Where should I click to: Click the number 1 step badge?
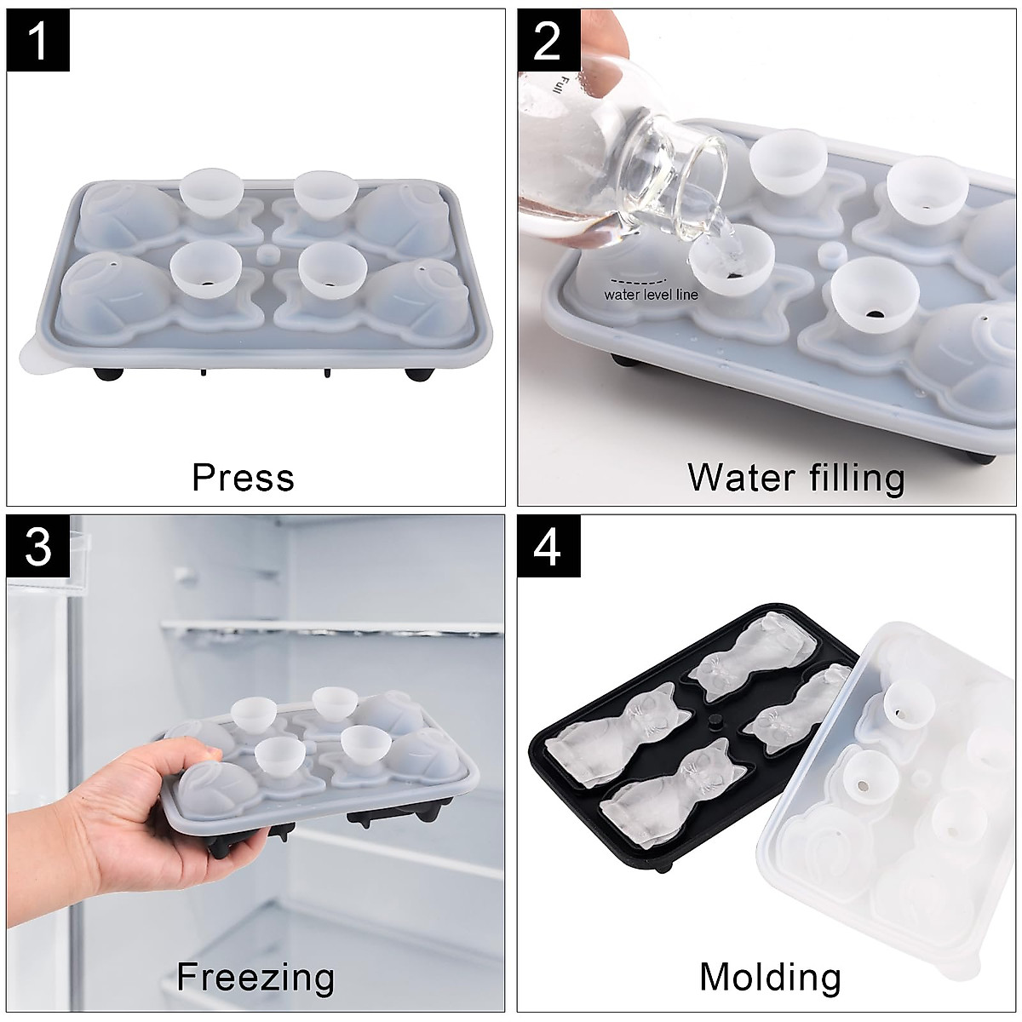click(38, 40)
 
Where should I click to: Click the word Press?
click(243, 478)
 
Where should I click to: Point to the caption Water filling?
click(795, 478)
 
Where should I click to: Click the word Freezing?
click(255, 977)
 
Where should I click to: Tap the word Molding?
click(770, 977)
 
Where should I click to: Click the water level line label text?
click(651, 295)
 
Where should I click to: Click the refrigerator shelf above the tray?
click(332, 629)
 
